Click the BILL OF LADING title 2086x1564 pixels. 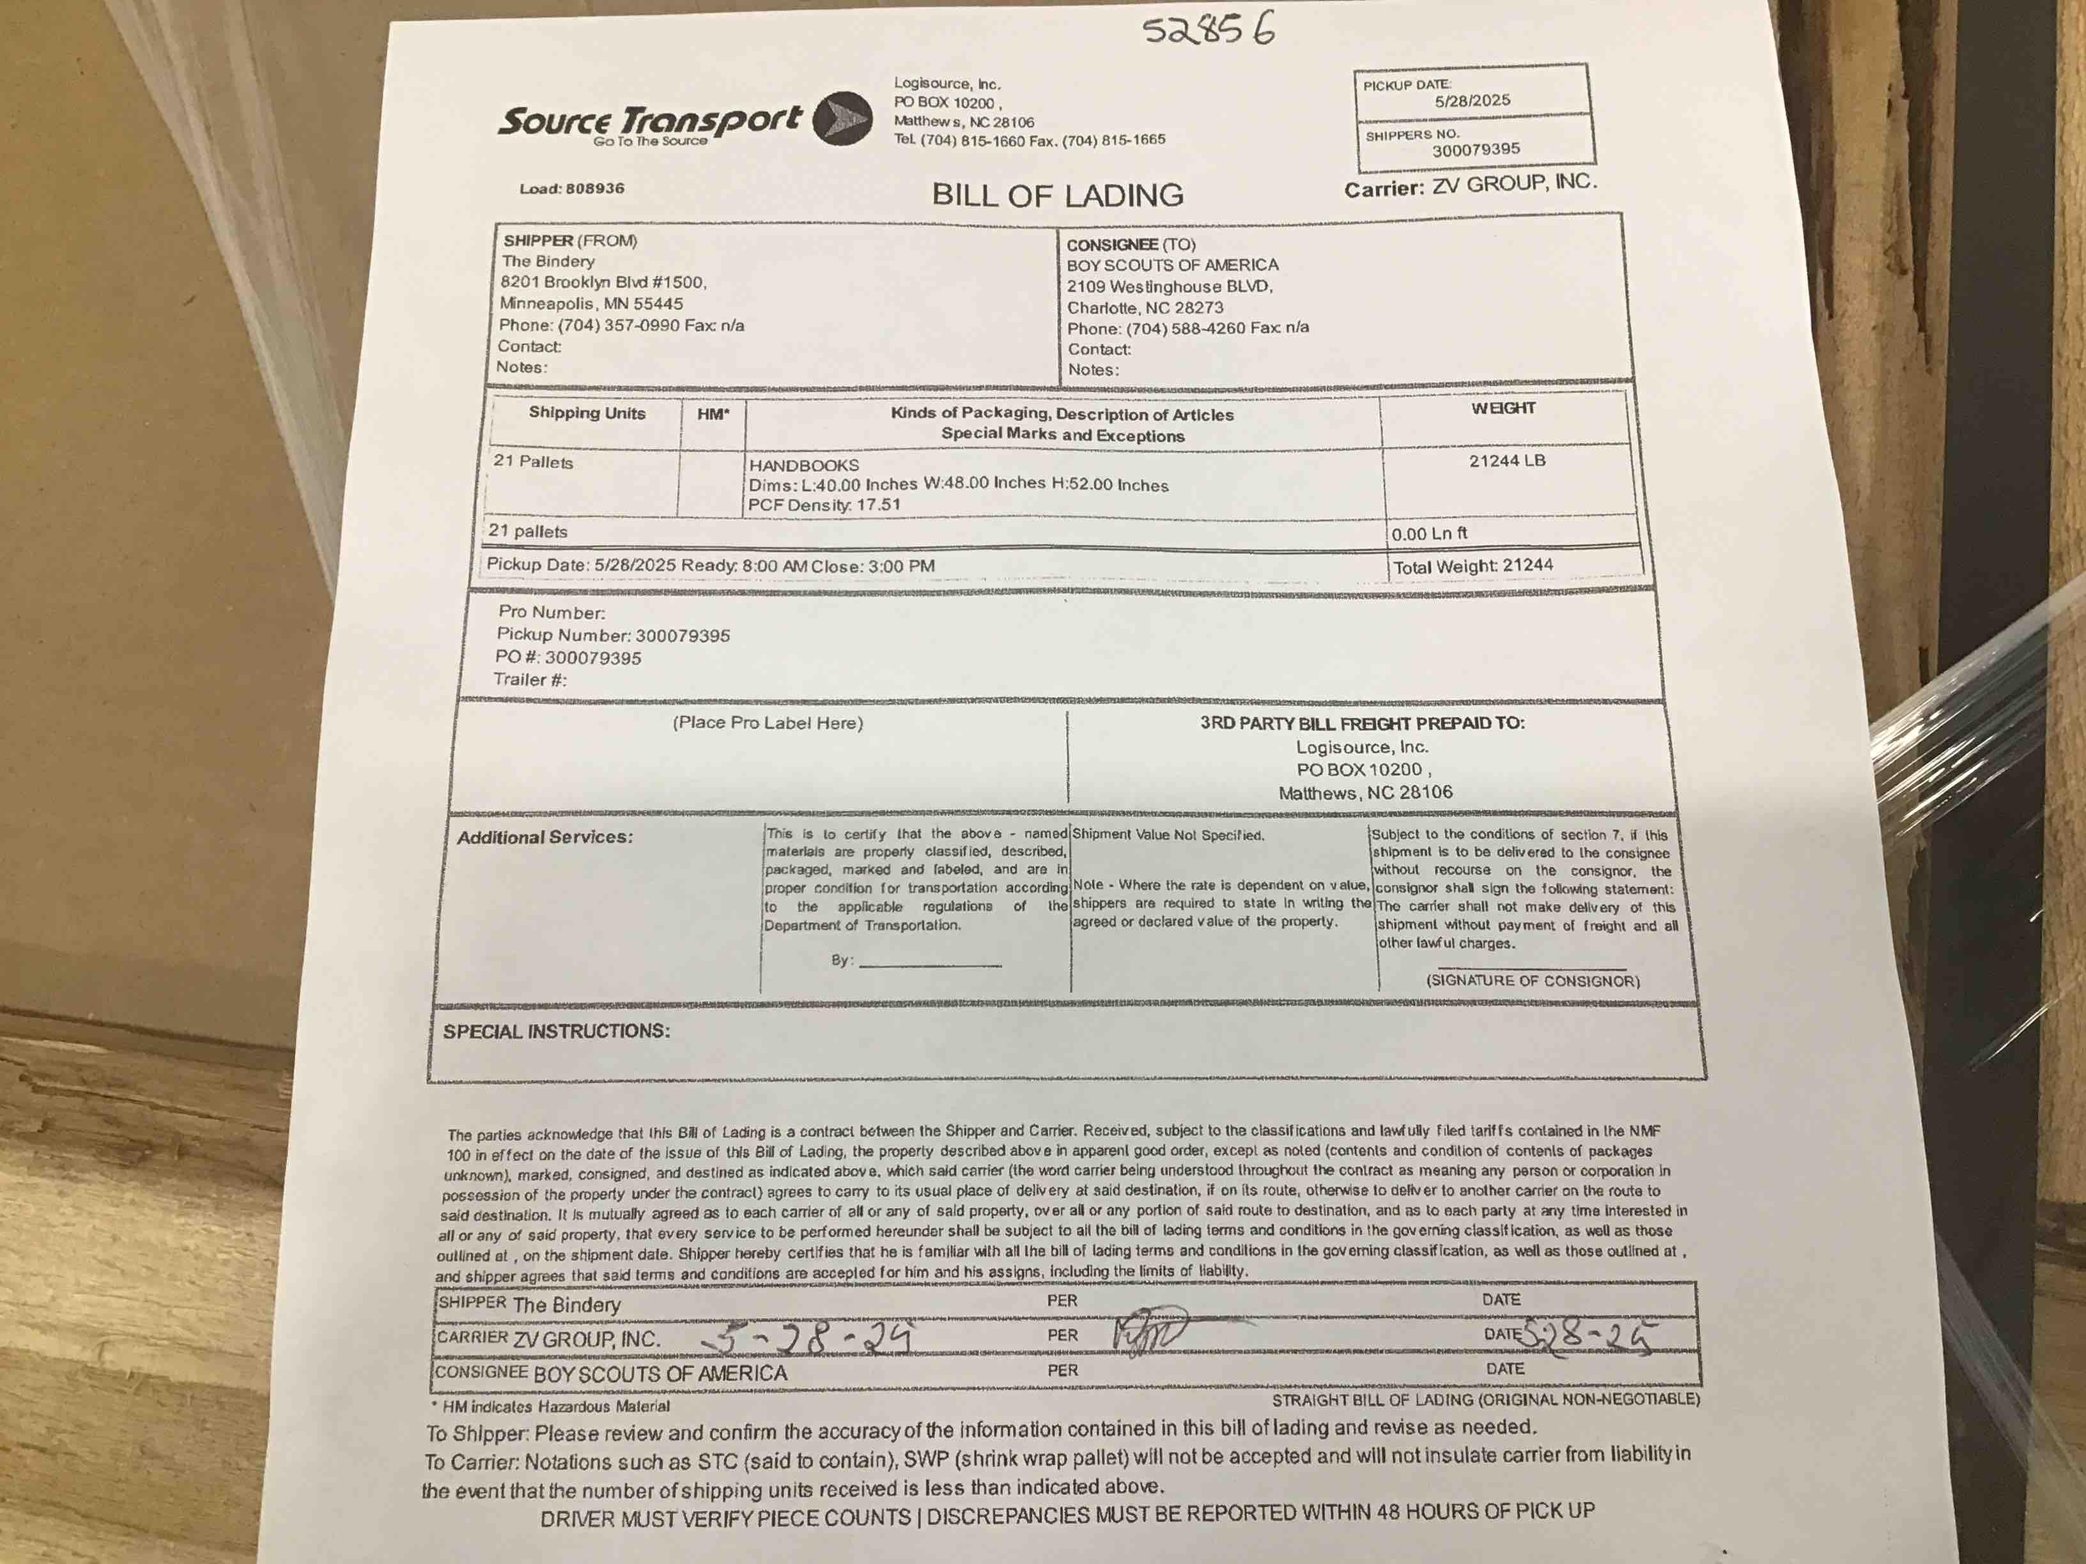point(1057,195)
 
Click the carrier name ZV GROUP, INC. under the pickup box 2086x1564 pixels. point(1513,184)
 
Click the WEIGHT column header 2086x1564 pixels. point(1503,408)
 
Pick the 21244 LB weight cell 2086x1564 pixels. point(1507,461)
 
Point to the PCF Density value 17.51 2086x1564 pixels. point(878,504)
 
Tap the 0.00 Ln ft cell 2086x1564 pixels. point(1430,533)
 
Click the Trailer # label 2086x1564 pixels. point(529,680)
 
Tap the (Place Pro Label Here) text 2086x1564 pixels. point(768,723)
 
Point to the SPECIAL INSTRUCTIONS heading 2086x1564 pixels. point(557,1031)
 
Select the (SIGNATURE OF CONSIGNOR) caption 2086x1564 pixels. point(1533,981)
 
